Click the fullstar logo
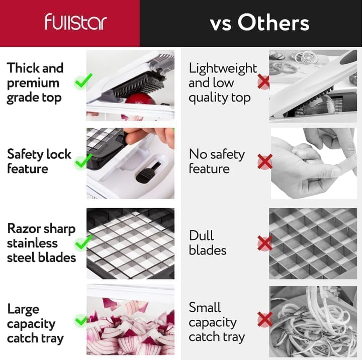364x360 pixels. tap(76, 22)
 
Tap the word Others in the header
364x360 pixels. tap(273, 23)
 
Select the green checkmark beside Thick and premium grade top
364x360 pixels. tap(83, 81)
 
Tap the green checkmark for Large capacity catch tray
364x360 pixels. tap(81, 320)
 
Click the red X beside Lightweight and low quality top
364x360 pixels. tap(264, 81)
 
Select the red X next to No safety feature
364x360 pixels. tap(265, 161)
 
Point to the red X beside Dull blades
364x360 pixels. tap(265, 243)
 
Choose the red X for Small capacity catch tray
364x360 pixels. tap(265, 320)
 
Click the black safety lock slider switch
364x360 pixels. tap(148, 173)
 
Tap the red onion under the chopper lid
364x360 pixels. tap(140, 99)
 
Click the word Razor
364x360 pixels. tap(24, 229)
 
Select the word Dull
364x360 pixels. tap(201, 235)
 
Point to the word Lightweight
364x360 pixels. tap(223, 69)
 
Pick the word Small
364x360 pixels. tap(205, 307)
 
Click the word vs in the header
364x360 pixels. tap(221, 24)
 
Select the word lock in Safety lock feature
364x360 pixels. tap(59, 154)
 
